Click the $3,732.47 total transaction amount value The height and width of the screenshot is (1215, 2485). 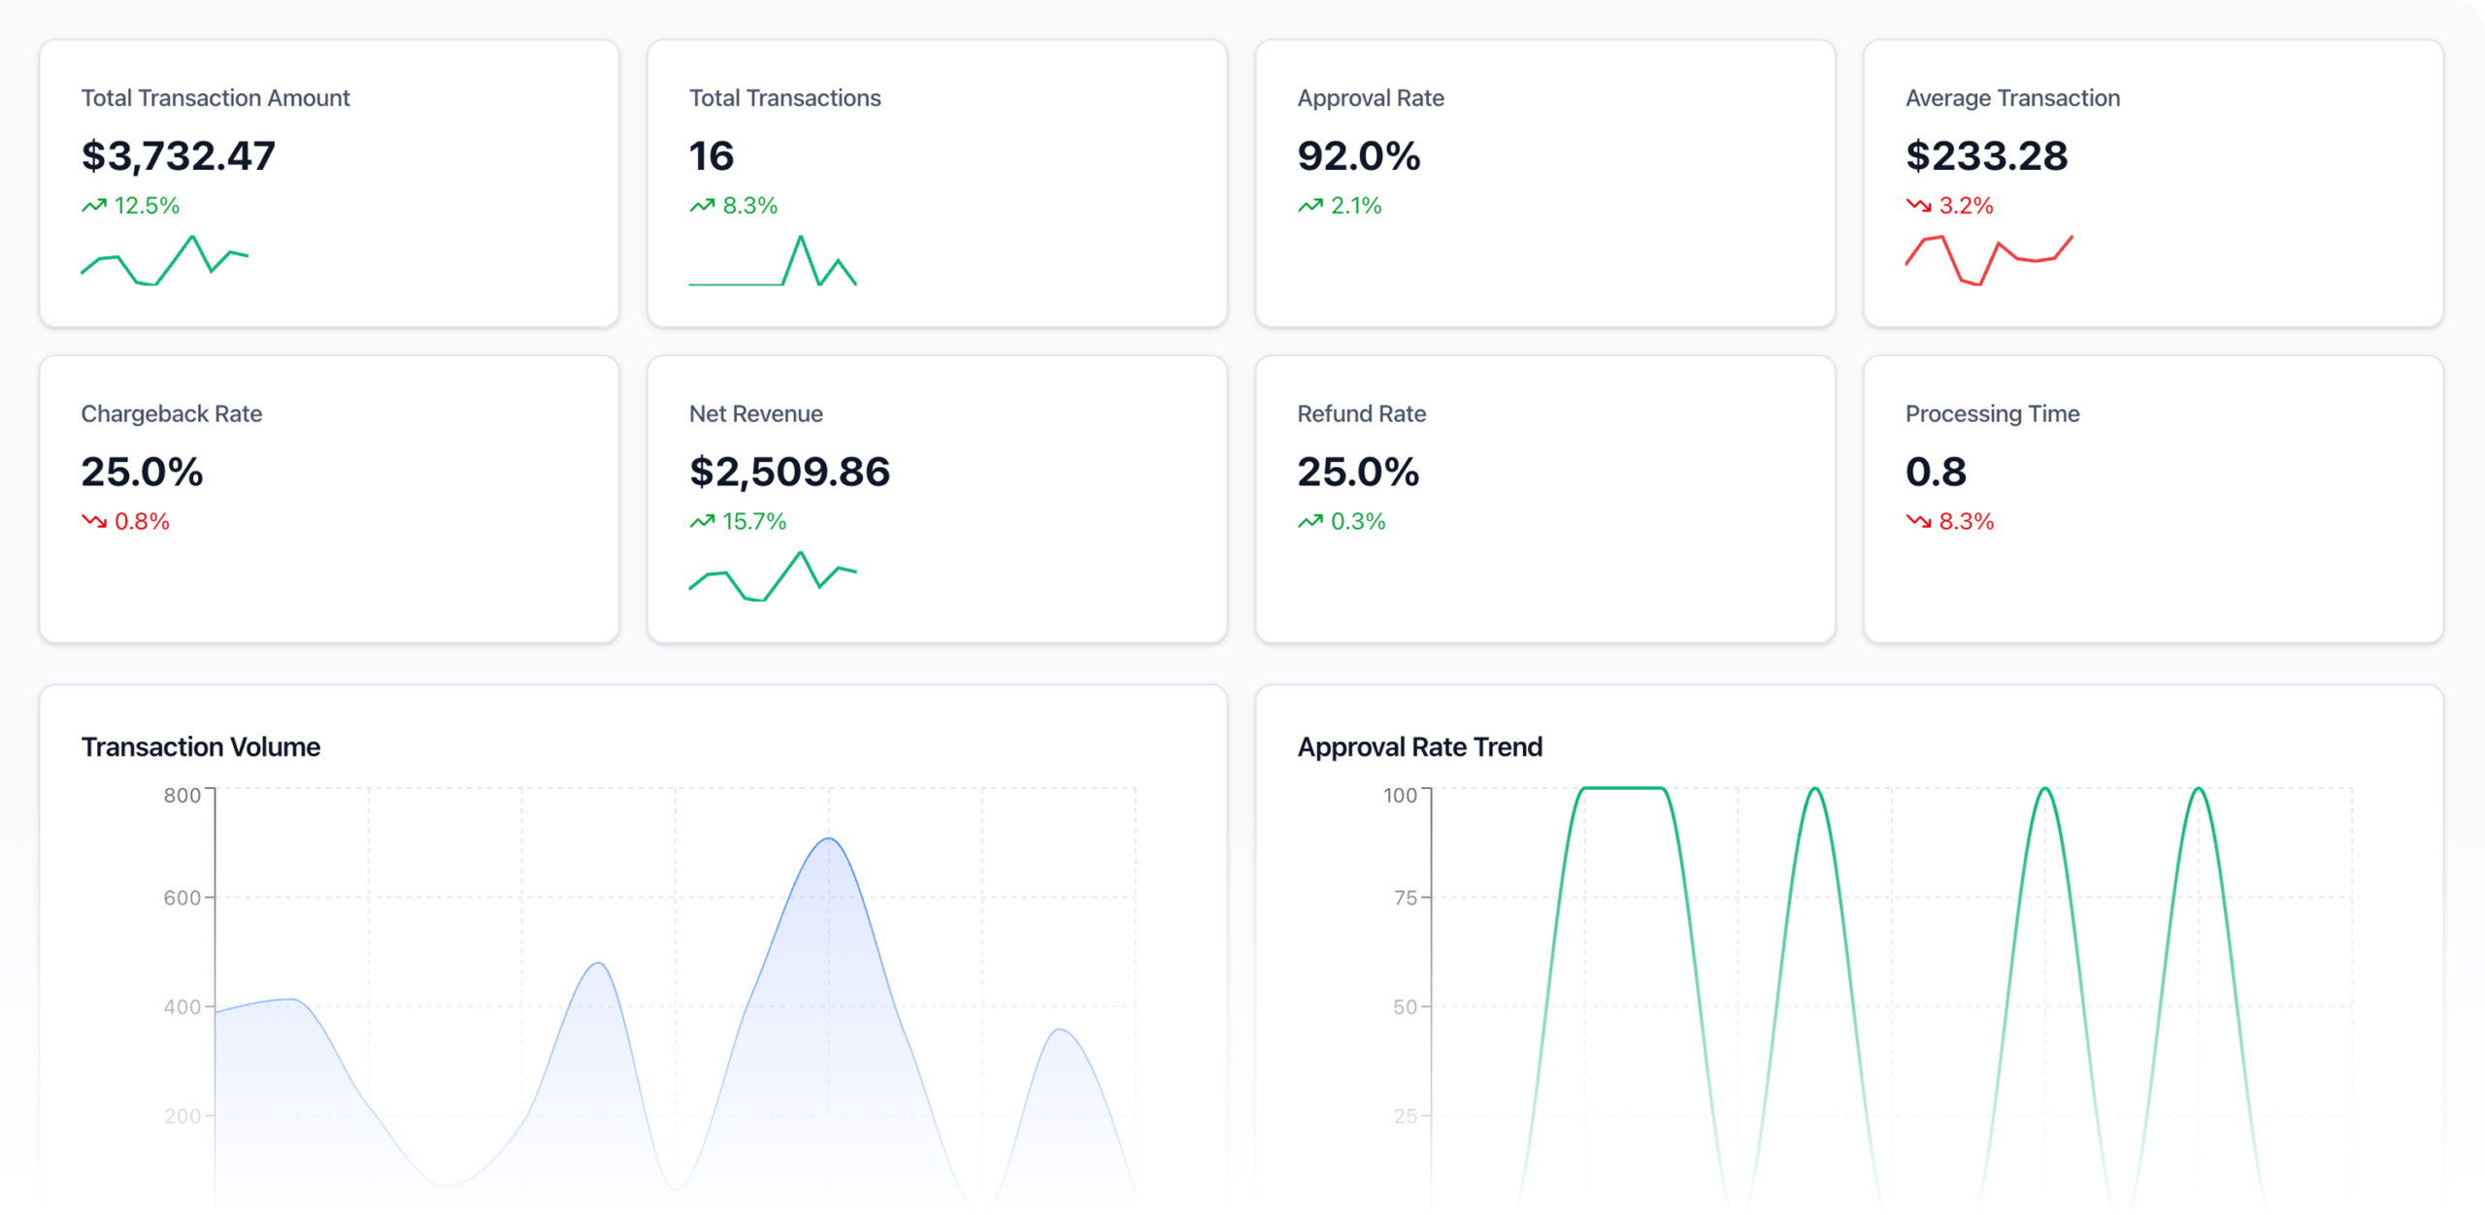(179, 156)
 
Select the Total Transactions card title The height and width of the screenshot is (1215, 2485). (784, 98)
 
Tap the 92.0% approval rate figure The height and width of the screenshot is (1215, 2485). (1358, 156)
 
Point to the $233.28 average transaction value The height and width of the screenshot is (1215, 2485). (1986, 156)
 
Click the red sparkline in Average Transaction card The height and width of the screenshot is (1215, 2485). (1988, 260)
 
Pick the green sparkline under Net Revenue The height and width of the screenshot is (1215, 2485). (773, 576)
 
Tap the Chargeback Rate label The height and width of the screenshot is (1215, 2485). (172, 414)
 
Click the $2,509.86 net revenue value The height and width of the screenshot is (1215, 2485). (789, 473)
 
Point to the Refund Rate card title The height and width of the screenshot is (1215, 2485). (1361, 414)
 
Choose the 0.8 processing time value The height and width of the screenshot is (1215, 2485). (1936, 473)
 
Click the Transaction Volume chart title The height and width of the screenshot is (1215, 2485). (201, 747)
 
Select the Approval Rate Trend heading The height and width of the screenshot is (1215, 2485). (1419, 747)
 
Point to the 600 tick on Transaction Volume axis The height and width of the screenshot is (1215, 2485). (182, 899)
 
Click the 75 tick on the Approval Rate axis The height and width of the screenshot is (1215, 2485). (1405, 899)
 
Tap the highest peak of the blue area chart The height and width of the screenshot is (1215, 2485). (829, 839)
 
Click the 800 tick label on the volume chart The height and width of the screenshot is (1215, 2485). (182, 796)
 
